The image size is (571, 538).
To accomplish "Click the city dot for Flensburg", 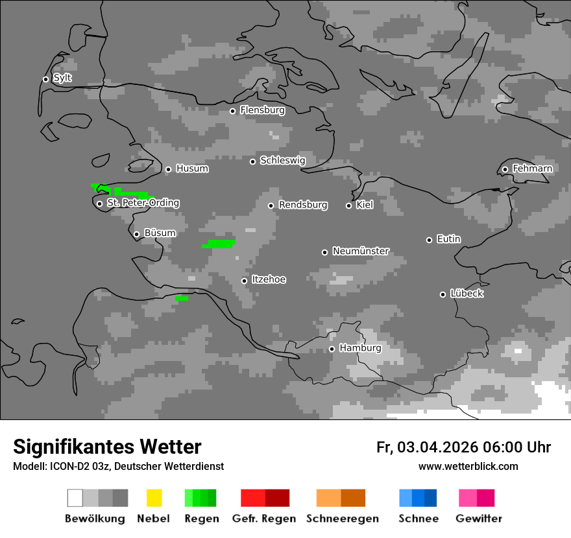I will pos(232,111).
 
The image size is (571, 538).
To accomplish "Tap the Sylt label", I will pos(62,78).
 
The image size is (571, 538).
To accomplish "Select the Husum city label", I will pos(192,169).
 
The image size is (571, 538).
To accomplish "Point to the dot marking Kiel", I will pos(348,205).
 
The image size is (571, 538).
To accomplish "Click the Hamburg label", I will pos(360,348).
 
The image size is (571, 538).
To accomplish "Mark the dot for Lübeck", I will pos(443,294).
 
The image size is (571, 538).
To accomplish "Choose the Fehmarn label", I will pos(532,169).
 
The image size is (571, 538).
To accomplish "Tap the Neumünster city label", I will pos(361,251).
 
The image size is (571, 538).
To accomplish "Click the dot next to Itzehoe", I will pos(244,281).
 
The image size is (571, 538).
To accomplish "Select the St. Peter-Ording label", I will pos(143,203).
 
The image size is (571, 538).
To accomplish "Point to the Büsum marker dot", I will pos(136,234).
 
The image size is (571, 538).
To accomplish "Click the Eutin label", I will pos(448,239).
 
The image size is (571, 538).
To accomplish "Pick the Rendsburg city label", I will pos(303,205).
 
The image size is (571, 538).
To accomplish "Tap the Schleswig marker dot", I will pos(252,161).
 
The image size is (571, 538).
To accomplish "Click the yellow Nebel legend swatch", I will pos(154,498).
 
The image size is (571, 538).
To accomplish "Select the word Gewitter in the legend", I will pos(479,519).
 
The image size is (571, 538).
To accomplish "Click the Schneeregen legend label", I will pos(343,519).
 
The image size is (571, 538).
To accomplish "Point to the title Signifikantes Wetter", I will pos(107,447).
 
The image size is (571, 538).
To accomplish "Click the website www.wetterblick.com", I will pos(468,466).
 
